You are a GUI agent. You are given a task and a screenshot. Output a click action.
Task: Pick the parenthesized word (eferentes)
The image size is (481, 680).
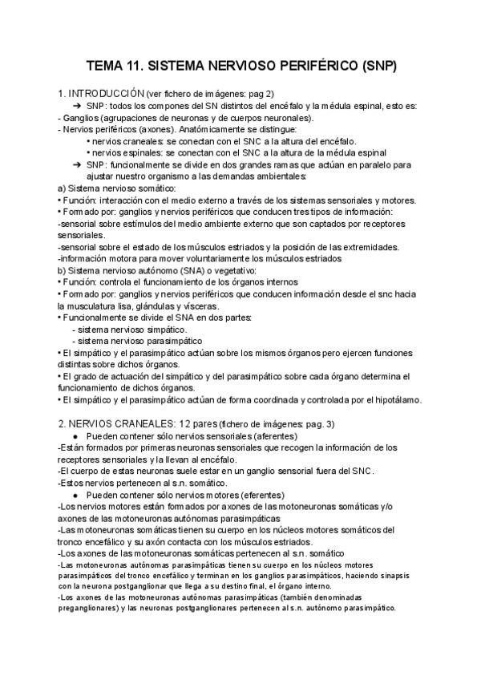[249, 496]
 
